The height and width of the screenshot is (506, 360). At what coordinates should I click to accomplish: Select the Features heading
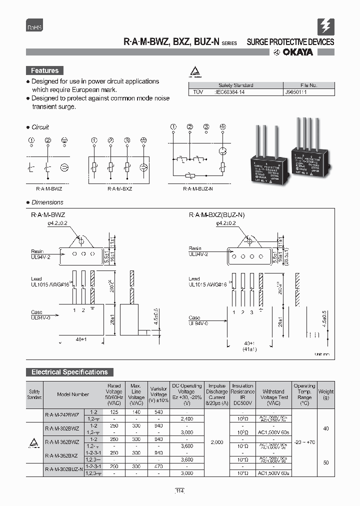tap(45, 71)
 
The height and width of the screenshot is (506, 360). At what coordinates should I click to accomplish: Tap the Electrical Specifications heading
tap(69, 372)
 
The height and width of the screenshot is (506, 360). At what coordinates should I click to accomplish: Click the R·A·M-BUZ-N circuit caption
tap(197, 189)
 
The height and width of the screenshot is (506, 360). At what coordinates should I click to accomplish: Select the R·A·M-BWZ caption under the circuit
tap(49, 189)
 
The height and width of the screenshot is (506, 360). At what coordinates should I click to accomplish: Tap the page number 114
tap(179, 491)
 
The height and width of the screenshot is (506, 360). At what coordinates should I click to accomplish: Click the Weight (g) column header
tap(325, 394)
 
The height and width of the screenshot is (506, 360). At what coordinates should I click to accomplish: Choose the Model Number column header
tap(73, 394)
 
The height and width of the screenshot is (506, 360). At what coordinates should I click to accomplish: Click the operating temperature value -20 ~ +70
tap(304, 442)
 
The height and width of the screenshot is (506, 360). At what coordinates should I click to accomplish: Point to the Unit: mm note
tap(321, 354)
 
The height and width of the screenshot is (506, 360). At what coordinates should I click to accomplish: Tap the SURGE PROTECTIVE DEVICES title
tap(290, 42)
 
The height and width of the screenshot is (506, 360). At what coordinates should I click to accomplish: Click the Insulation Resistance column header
tap(242, 394)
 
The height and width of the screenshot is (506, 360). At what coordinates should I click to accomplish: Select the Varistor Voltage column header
tap(159, 394)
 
